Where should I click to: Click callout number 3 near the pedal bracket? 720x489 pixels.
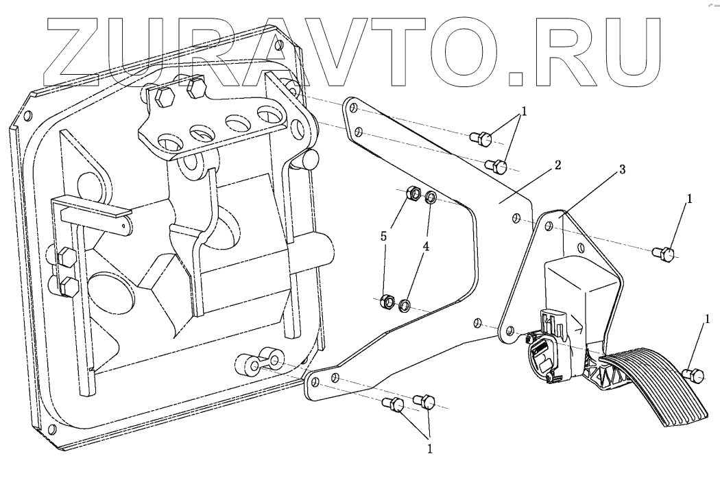click(x=622, y=170)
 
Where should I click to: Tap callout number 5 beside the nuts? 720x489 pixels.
click(x=385, y=236)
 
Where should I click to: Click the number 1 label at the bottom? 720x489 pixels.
click(x=430, y=450)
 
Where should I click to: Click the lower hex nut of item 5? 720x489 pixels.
click(x=387, y=300)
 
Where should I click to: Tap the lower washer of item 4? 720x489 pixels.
click(x=405, y=303)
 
